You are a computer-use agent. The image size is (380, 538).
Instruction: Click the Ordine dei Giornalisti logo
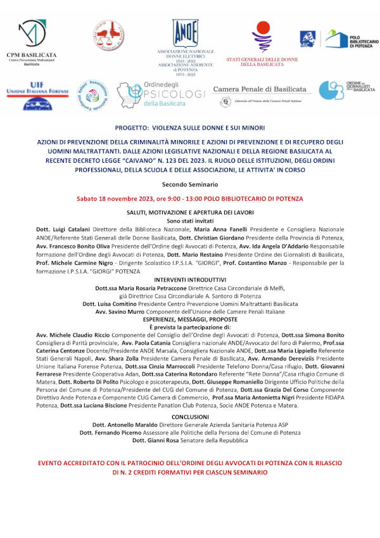point(346,90)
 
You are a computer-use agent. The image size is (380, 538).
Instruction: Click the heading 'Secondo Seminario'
point(189,184)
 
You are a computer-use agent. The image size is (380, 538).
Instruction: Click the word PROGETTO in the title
point(134,127)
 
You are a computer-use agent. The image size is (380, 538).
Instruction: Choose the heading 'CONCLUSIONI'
point(189,417)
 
